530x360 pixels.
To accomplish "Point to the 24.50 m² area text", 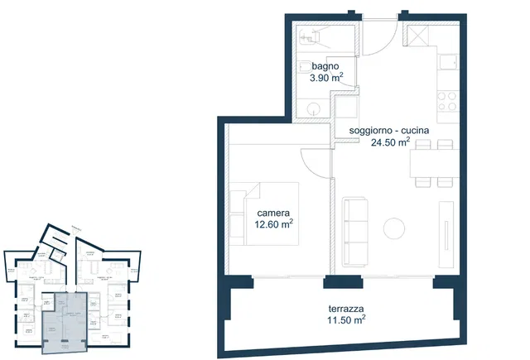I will click(x=390, y=142).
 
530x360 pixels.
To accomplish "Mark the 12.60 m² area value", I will click(x=274, y=223).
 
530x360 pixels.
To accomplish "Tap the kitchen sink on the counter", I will click(x=449, y=65).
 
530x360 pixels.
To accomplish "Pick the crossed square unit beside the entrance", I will click(x=417, y=35).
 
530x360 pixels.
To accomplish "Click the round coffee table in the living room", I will click(x=394, y=227).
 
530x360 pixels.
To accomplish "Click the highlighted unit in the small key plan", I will click(x=65, y=318).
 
